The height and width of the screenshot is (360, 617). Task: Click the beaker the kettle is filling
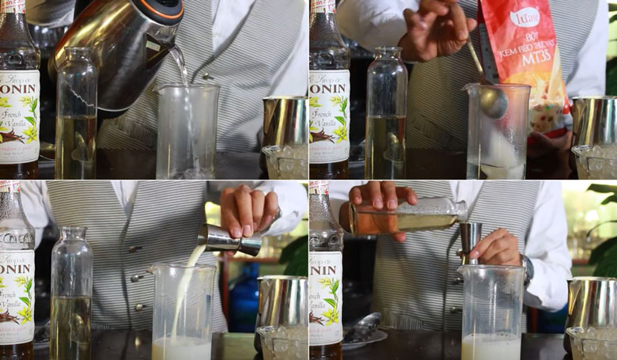pos(187,131)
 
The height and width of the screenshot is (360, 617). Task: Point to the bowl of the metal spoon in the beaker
pos(492,101)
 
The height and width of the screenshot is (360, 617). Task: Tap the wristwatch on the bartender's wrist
pos(526,269)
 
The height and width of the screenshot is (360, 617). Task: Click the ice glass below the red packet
pos(593,161)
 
